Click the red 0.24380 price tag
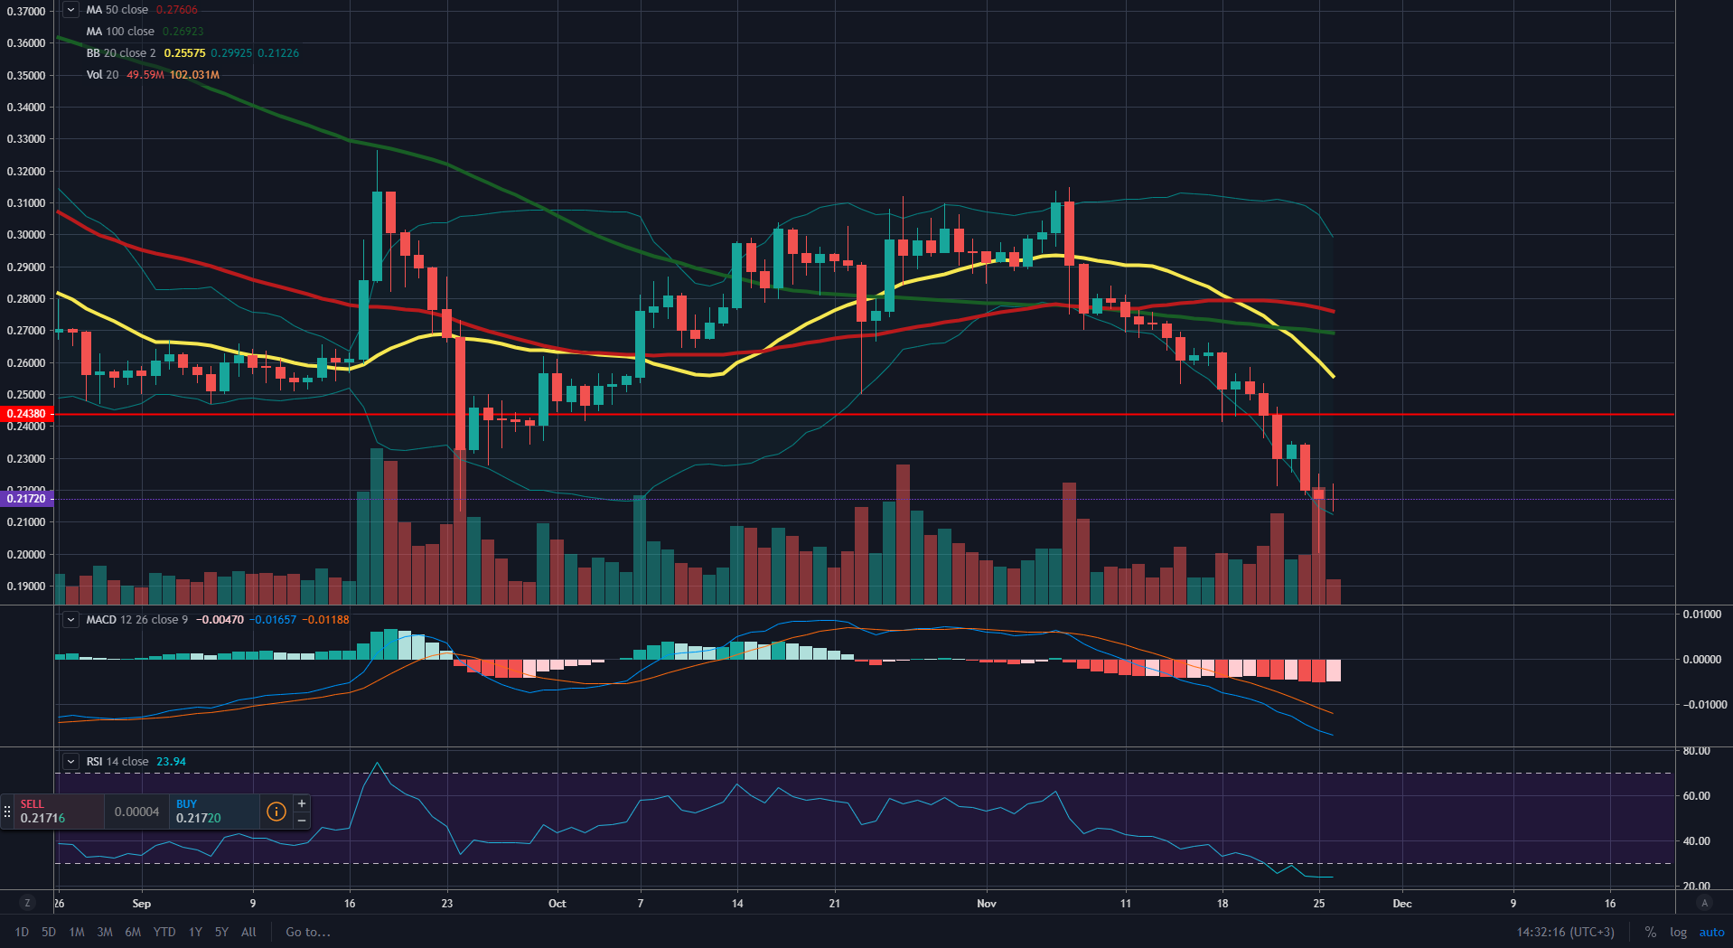tap(27, 414)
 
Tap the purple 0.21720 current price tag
tap(27, 499)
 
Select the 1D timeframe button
tap(22, 932)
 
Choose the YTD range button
tap(164, 932)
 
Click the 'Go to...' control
tap(308, 932)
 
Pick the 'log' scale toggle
tap(1678, 932)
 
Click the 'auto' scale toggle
tap(1711, 932)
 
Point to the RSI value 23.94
tap(171, 762)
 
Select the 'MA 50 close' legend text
tap(117, 10)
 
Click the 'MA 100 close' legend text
tap(120, 32)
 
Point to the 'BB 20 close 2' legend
tap(121, 53)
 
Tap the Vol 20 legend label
tap(102, 75)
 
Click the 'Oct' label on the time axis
tap(557, 904)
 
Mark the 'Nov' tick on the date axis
tap(987, 904)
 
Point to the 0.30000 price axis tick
tap(26, 235)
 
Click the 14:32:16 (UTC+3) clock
tap(1565, 932)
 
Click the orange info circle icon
tap(276, 812)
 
